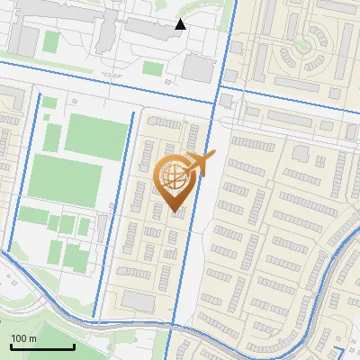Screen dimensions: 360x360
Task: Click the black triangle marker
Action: pyautogui.click(x=180, y=24)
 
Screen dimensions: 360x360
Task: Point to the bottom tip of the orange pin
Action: pyautogui.click(x=175, y=212)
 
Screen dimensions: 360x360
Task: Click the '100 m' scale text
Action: pyautogui.click(x=23, y=337)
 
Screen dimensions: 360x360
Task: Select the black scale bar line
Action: pyautogui.click(x=41, y=346)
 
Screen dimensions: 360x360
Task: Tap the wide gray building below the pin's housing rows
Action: pyautogui.click(x=139, y=301)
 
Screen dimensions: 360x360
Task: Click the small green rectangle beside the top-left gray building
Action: pyautogui.click(x=51, y=41)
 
